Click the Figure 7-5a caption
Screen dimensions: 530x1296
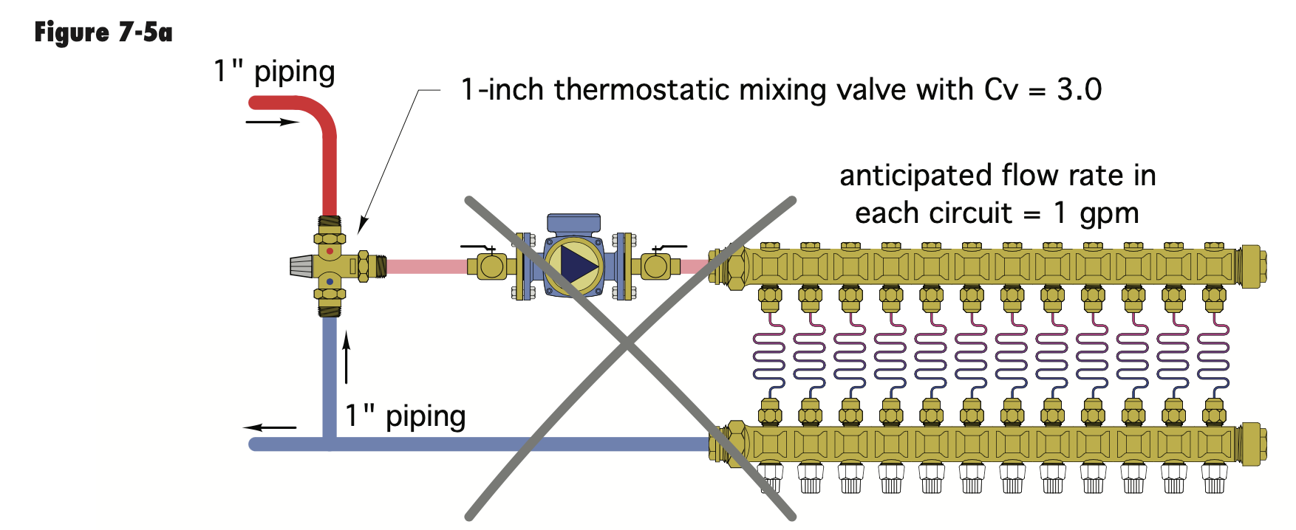103,33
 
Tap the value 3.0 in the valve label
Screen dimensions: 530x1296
1079,90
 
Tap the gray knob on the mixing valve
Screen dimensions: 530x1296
301,266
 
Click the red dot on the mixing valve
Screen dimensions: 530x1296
330,252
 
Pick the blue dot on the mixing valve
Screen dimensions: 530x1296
330,281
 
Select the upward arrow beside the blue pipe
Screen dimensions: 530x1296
346,358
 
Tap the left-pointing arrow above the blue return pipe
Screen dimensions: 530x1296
270,427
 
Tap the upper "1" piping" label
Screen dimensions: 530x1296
274,72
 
